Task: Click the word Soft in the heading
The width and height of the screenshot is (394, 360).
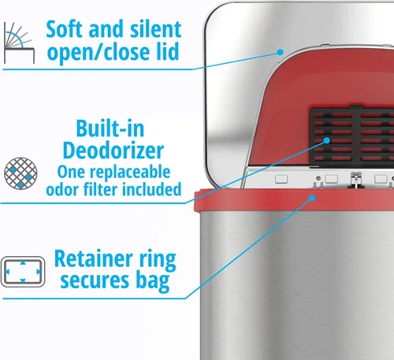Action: tap(65, 29)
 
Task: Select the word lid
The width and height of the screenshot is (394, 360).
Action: tap(168, 51)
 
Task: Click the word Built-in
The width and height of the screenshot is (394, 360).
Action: tap(110, 128)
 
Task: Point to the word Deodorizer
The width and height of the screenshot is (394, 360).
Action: tap(113, 150)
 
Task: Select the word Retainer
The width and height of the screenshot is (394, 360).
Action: tap(93, 258)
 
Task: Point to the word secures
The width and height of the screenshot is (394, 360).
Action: tap(95, 281)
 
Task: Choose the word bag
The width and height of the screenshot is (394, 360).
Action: tap(153, 282)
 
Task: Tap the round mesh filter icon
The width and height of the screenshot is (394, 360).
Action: tap(20, 173)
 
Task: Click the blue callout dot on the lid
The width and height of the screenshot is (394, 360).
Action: tap(281, 52)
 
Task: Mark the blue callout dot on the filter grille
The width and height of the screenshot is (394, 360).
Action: tap(327, 140)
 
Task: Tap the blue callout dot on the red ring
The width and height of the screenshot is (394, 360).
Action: tap(312, 199)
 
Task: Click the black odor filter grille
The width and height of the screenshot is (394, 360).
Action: tap(352, 136)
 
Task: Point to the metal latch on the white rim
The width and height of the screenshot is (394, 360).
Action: tap(355, 180)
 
